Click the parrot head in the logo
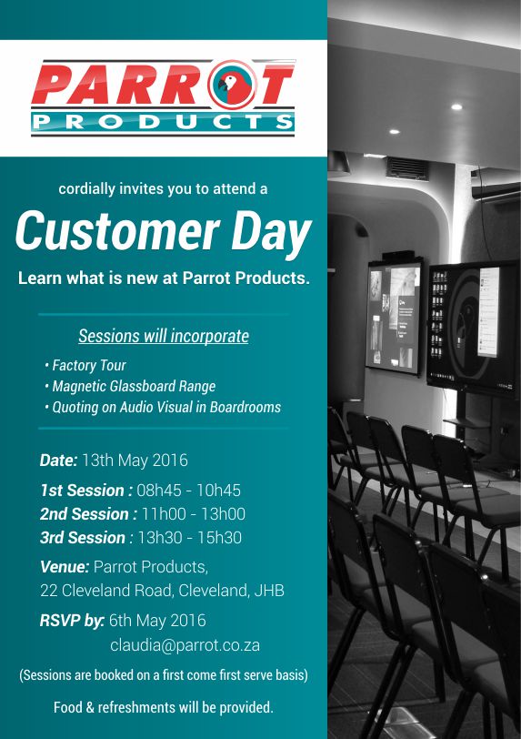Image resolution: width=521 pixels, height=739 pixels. coord(232,86)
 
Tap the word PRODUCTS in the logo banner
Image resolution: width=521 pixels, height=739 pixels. coord(163,122)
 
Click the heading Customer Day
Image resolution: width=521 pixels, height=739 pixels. coord(163,232)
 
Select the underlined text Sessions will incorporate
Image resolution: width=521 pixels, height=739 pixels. coord(164,336)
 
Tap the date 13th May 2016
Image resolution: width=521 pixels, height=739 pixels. coord(135,460)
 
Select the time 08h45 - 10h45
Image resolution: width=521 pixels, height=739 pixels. coord(188,491)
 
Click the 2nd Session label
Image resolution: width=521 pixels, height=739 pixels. coord(88,513)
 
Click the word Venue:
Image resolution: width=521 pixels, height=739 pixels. coord(65,566)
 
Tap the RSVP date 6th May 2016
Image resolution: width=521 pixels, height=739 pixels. coord(157,621)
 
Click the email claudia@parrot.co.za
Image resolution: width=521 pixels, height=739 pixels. coord(185,645)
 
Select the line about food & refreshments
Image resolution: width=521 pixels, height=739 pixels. coord(163,707)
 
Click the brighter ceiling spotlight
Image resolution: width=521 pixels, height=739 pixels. coord(456,107)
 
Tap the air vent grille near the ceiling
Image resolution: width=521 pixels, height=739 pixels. coord(407,169)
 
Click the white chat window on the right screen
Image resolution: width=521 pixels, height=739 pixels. coord(488,312)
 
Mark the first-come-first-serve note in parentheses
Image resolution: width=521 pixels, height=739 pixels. coord(164,675)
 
